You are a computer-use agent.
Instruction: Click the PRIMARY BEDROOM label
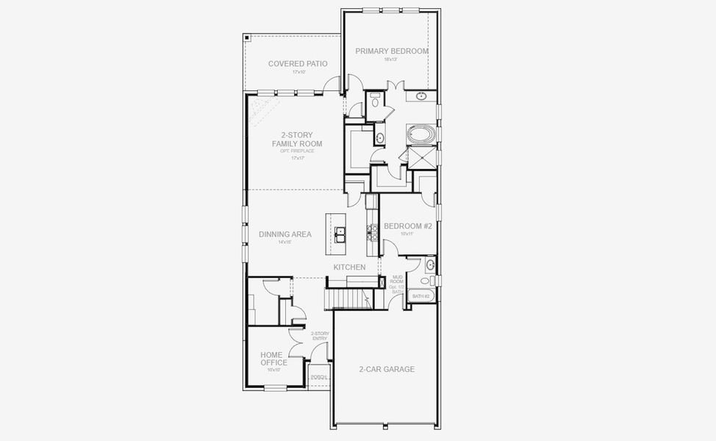392,51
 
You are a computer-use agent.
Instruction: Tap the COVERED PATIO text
298,64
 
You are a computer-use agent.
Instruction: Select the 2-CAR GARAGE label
387,369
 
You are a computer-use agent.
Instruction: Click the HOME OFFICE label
273,359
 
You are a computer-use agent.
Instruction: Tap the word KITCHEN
349,268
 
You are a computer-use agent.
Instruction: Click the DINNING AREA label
285,234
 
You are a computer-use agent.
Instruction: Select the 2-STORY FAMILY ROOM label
297,139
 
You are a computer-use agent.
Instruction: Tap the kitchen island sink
341,234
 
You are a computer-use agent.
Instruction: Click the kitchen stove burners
372,233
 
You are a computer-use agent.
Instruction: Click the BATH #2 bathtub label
421,296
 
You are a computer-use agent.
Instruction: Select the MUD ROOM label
397,279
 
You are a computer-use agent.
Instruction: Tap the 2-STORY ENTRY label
320,336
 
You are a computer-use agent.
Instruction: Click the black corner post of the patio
248,37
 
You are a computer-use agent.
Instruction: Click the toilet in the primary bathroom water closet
375,103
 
